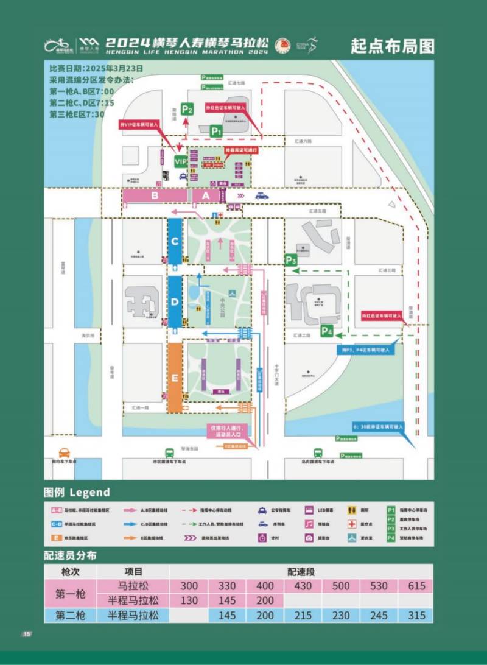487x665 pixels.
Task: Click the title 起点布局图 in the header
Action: click(x=393, y=46)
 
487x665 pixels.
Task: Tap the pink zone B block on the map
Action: click(x=155, y=195)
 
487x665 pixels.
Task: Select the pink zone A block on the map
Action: click(x=206, y=195)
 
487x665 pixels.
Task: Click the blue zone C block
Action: click(x=175, y=241)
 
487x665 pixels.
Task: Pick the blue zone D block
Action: click(x=175, y=302)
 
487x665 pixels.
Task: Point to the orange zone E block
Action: click(x=175, y=378)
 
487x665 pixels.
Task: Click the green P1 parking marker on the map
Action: click(x=216, y=130)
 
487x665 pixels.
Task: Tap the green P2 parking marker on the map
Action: click(x=187, y=110)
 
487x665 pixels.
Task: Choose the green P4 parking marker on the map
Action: click(x=327, y=332)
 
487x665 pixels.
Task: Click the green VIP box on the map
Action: click(x=181, y=161)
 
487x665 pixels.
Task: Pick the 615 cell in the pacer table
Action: click(x=416, y=586)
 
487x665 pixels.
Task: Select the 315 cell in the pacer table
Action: click(x=416, y=616)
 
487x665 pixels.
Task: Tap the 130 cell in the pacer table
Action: click(x=189, y=600)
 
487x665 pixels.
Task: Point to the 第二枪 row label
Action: click(x=70, y=616)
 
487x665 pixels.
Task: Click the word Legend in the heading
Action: click(x=90, y=492)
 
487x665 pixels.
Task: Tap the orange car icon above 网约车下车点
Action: click(x=65, y=452)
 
